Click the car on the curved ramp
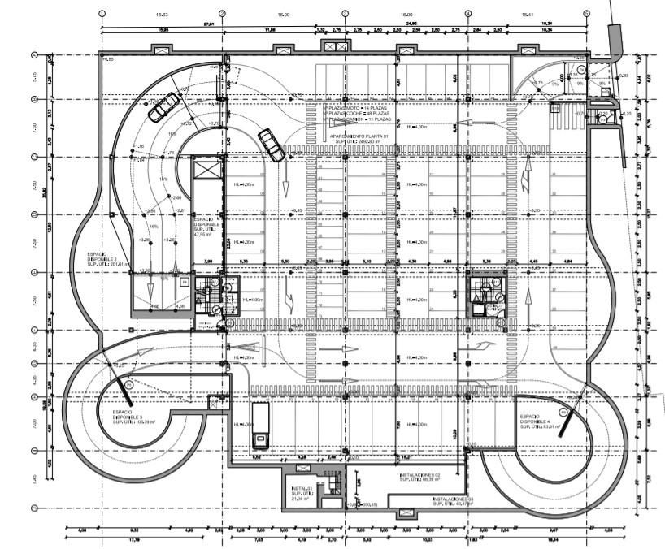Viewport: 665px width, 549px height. (x=167, y=106)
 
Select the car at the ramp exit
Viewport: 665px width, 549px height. (x=271, y=145)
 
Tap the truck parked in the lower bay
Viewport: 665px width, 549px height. (x=261, y=424)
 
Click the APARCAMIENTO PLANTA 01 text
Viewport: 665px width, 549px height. (x=355, y=136)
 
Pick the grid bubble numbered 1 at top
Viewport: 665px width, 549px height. (x=102, y=14)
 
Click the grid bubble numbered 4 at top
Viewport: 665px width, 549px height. (x=468, y=14)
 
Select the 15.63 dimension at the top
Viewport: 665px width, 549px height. (x=163, y=15)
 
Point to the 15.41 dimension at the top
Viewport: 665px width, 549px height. (x=527, y=15)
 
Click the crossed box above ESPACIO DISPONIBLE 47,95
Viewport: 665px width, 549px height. (x=207, y=171)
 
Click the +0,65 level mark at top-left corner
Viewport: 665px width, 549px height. (x=109, y=60)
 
